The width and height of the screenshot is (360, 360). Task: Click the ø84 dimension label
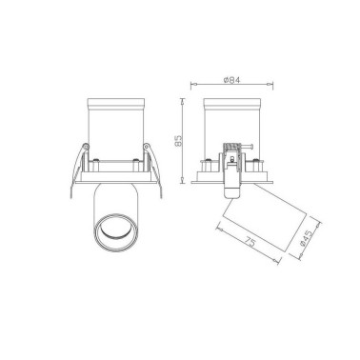coord(231,80)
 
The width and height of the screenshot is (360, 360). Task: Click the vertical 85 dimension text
coord(179,141)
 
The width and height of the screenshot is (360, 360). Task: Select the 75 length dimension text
coord(250,243)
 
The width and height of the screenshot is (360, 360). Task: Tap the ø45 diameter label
coord(307,238)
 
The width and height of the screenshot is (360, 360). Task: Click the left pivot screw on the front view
coord(85,147)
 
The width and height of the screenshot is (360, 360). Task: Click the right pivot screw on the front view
coord(146,147)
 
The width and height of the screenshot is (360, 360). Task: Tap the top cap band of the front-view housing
coord(115,104)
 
